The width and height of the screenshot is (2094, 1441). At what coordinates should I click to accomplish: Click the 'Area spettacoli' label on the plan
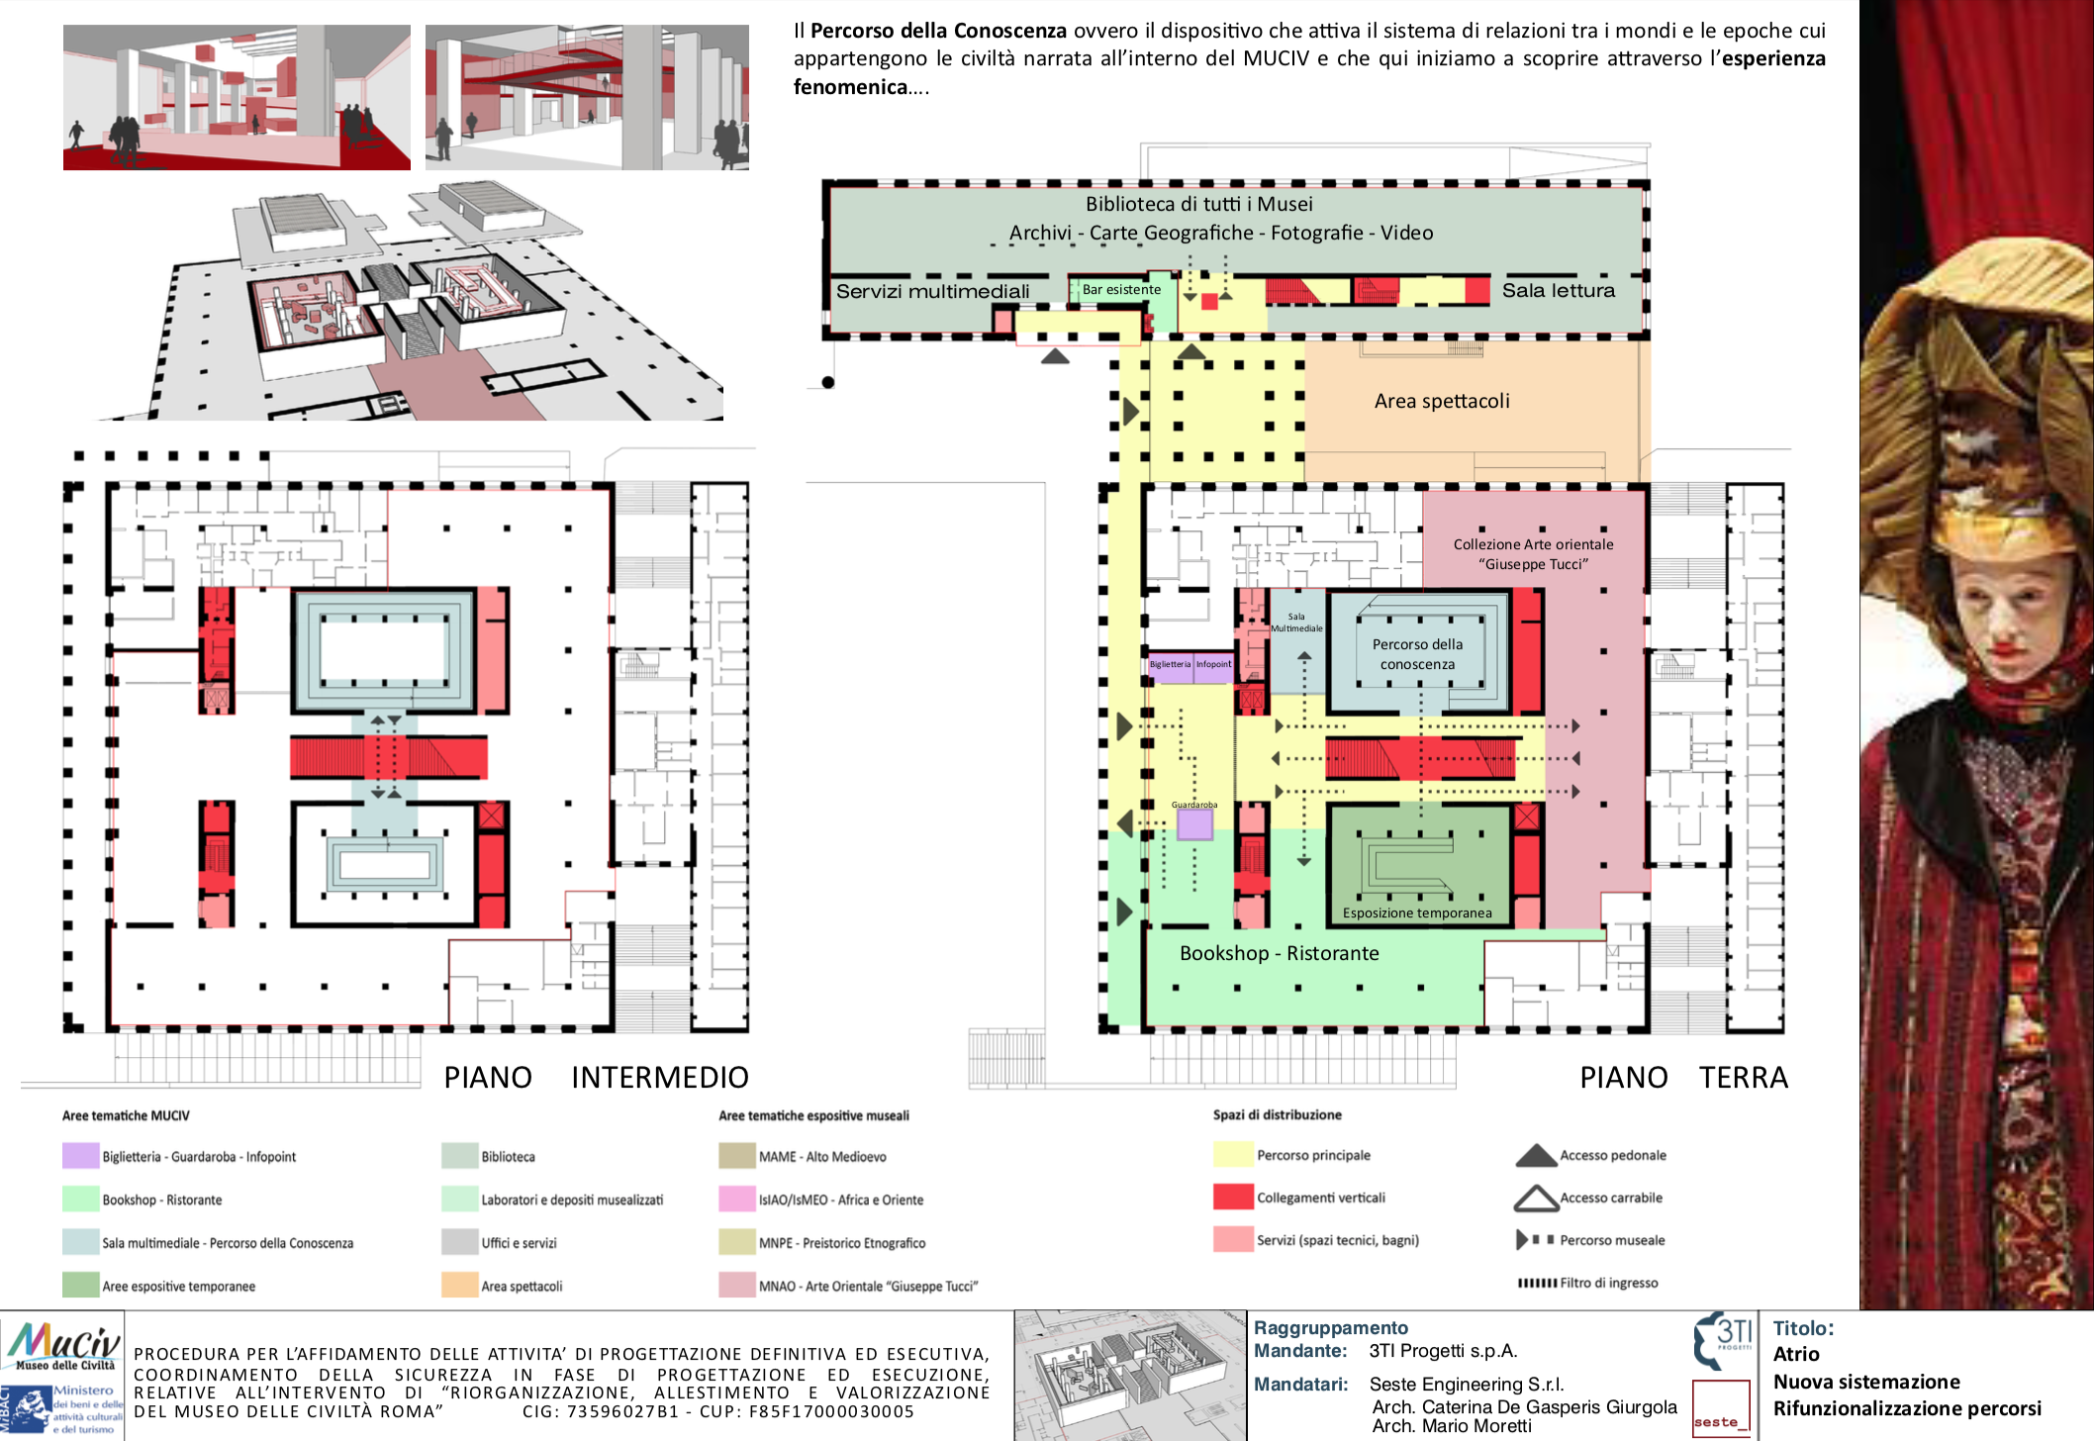(x=1442, y=401)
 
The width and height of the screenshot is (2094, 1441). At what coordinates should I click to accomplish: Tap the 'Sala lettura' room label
(x=1558, y=290)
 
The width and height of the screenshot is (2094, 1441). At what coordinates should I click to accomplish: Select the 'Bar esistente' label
(x=1121, y=290)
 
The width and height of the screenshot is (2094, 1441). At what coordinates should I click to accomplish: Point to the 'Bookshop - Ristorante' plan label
(x=1279, y=953)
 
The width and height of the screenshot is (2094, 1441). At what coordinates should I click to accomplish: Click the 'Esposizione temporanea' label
(x=1417, y=913)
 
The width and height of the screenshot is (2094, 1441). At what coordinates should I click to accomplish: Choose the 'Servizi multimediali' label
(x=932, y=291)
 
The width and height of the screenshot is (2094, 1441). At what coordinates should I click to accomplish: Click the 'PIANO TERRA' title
(x=1683, y=1077)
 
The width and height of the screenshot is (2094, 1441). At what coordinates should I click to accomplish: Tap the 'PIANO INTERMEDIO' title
(x=596, y=1077)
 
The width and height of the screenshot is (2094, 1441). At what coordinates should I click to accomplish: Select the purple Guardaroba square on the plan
(x=1194, y=824)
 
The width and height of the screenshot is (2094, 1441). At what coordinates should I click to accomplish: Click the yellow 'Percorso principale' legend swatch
(x=1233, y=1155)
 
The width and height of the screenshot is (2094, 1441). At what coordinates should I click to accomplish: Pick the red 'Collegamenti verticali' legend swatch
(x=1233, y=1197)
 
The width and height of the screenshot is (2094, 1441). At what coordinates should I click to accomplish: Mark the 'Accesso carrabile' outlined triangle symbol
(x=1536, y=1199)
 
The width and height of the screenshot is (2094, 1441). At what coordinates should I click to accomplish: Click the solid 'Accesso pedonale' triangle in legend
(x=1536, y=1156)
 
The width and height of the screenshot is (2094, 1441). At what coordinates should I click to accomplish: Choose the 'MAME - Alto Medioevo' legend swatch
(x=737, y=1156)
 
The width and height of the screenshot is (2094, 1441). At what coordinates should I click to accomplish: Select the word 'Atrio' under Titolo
(x=1796, y=1354)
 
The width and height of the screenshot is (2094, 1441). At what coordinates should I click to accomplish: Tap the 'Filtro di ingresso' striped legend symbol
(x=1537, y=1283)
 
